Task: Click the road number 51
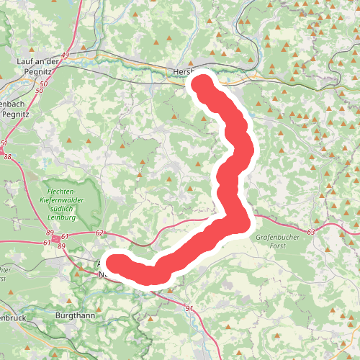click(x=4, y=143)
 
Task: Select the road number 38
click(x=7, y=156)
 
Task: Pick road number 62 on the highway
click(x=99, y=233)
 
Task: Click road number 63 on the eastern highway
click(x=311, y=232)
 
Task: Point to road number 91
click(x=189, y=309)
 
